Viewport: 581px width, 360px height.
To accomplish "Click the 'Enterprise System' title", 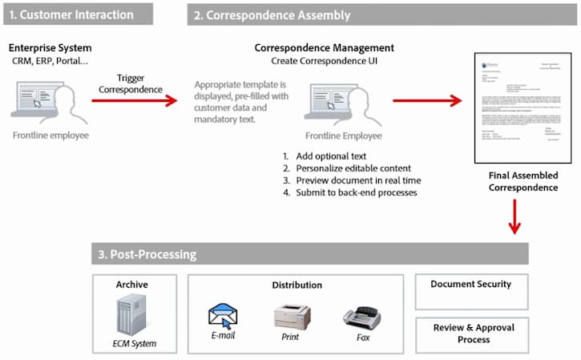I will click(x=51, y=47).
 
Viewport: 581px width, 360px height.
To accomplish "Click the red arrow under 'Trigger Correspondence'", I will click(x=134, y=100).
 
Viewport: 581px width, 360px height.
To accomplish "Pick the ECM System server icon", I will click(x=132, y=316).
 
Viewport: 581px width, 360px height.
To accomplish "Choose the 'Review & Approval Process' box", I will click(x=471, y=333).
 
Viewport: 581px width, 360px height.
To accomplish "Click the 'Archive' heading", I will click(x=131, y=284).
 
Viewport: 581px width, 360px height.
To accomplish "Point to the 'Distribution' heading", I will click(x=297, y=285).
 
